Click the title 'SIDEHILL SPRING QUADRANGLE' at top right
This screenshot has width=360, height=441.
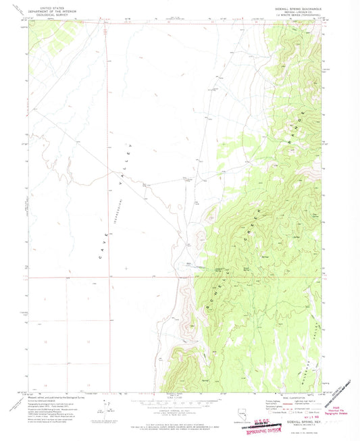[x=297, y=9]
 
